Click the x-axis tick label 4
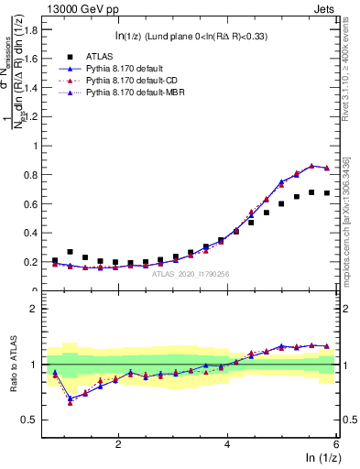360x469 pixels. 227,444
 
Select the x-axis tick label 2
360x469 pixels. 118,444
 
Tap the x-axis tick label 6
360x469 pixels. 336,444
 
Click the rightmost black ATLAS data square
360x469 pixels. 327,193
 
